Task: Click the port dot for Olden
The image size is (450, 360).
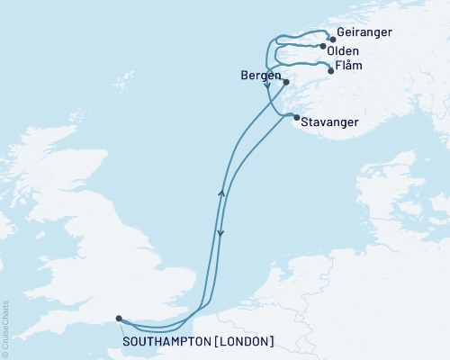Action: click(322, 46)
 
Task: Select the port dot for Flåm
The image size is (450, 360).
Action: click(331, 70)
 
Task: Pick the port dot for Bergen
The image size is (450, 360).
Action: click(285, 83)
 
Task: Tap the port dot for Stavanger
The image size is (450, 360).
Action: click(297, 117)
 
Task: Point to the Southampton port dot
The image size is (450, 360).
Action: click(119, 318)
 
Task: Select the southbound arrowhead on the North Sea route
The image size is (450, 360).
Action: click(220, 234)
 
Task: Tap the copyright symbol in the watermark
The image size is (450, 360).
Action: click(5, 353)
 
